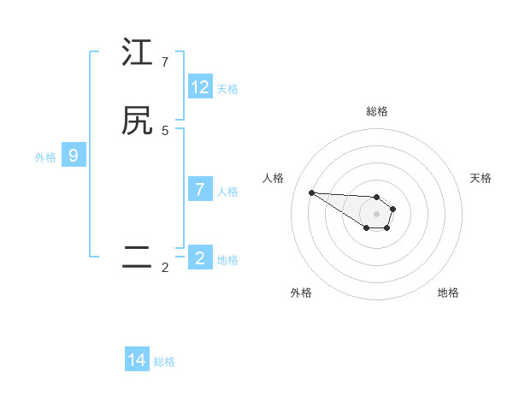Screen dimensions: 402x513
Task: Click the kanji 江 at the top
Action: [x=137, y=53]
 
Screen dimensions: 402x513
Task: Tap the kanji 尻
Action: [x=137, y=121]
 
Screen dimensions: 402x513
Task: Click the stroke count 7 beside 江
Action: [x=165, y=62]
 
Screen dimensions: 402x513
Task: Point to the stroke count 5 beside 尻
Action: [x=165, y=131]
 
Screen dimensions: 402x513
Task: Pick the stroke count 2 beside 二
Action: [x=165, y=268]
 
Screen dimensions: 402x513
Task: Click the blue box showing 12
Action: [x=200, y=87]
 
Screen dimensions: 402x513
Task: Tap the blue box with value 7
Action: [x=200, y=190]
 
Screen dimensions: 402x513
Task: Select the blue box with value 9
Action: [x=74, y=156]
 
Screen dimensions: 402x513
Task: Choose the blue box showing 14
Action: [x=137, y=360]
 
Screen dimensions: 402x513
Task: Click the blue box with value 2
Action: [x=200, y=258]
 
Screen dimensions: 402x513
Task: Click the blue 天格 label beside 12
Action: [x=227, y=88]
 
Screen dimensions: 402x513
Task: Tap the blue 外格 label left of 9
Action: [x=45, y=157]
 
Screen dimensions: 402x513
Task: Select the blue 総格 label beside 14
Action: [x=164, y=361]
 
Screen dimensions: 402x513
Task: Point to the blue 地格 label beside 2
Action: [x=227, y=259]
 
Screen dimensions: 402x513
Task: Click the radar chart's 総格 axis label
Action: [x=377, y=111]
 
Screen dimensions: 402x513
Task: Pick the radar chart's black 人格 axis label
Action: [x=274, y=178]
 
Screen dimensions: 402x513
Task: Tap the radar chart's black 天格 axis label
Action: [x=481, y=178]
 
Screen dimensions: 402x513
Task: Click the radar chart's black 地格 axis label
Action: [x=448, y=293]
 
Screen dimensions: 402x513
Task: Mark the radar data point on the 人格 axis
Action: [x=311, y=192]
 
